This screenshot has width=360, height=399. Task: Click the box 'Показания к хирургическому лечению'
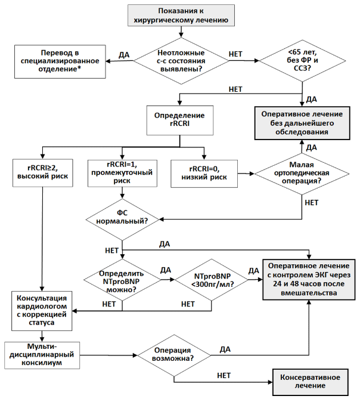click(x=181, y=16)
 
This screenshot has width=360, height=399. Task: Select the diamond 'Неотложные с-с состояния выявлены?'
click(x=181, y=61)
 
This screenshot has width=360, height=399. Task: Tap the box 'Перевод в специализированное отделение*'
click(x=60, y=61)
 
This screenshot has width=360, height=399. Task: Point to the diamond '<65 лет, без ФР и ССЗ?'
click(x=302, y=61)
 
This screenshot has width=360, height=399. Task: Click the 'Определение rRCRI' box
click(x=180, y=120)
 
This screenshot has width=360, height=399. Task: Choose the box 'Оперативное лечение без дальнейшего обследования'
click(x=302, y=123)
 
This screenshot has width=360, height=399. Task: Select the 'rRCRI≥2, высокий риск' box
click(x=43, y=173)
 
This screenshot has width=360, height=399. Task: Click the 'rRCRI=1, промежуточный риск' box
click(x=122, y=173)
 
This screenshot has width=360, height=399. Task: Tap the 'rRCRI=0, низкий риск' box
click(x=204, y=174)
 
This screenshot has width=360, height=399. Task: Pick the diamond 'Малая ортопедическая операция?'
click(x=302, y=174)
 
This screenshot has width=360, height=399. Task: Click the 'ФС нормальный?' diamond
click(x=122, y=219)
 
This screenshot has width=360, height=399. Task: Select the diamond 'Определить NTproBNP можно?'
click(x=122, y=280)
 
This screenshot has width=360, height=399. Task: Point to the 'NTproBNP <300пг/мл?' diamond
click(x=212, y=280)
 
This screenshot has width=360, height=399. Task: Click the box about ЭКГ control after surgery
click(x=309, y=279)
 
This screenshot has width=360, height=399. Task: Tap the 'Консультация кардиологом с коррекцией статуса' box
click(x=42, y=311)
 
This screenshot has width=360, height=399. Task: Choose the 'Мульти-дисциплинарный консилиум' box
click(x=42, y=355)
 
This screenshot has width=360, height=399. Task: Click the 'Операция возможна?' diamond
click(x=174, y=355)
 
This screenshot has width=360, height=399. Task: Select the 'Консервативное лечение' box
click(x=310, y=382)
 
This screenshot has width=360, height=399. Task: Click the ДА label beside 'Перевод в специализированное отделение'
click(x=124, y=55)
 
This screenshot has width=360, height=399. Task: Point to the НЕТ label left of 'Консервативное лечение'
click(x=224, y=375)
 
